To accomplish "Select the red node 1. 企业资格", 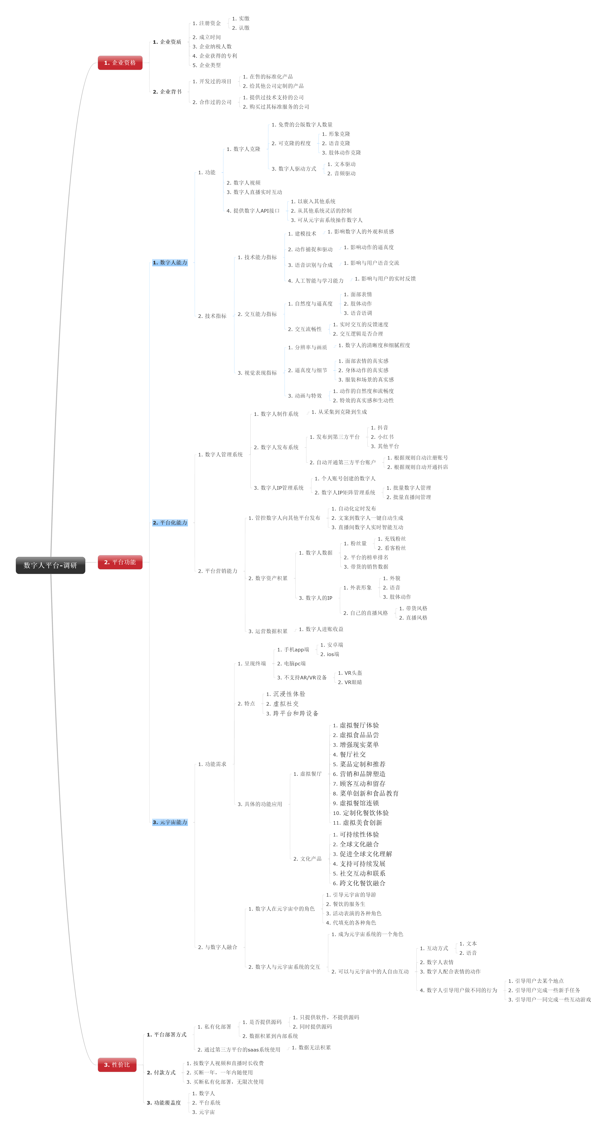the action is click(x=120, y=63).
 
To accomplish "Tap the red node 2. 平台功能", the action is click(x=120, y=562).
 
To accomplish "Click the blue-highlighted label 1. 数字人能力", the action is click(x=170, y=263).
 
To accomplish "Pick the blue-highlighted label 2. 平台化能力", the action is click(x=170, y=522).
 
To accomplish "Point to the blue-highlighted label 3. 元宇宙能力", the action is click(x=170, y=822).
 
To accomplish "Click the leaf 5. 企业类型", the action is click(x=207, y=65).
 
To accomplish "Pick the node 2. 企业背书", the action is click(x=167, y=92).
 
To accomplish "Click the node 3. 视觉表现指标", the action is click(x=257, y=373).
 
